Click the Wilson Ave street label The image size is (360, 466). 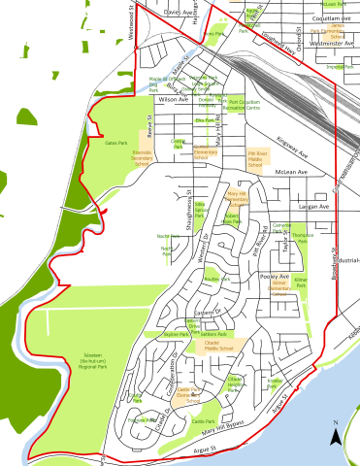[x=144, y=99]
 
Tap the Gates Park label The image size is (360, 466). [x=116, y=142]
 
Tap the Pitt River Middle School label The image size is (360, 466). [x=257, y=158]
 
